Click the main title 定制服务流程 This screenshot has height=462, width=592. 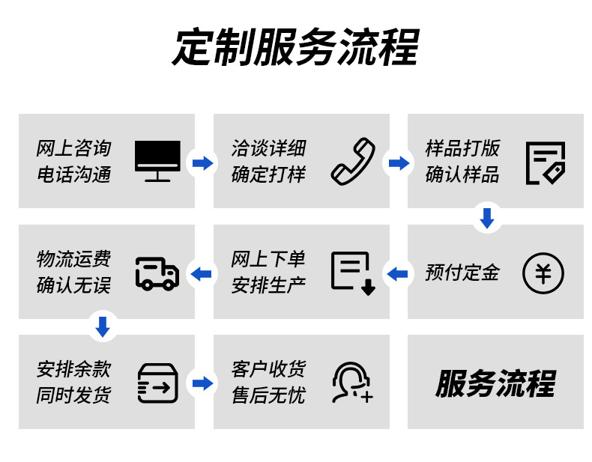click(x=295, y=49)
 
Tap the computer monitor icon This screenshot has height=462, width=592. click(x=157, y=161)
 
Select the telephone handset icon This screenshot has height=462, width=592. click(x=352, y=161)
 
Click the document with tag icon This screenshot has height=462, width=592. click(x=545, y=162)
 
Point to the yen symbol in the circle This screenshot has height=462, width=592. click(x=543, y=273)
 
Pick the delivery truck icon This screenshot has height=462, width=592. click(x=157, y=273)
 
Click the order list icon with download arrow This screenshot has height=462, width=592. click(x=352, y=273)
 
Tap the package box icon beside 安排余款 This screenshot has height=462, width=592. click(x=157, y=383)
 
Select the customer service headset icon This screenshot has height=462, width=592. click(x=351, y=383)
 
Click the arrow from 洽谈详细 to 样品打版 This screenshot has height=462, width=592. click(x=398, y=162)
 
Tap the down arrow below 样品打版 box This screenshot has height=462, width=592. click(x=487, y=218)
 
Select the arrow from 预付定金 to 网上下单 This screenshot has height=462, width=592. click(x=397, y=273)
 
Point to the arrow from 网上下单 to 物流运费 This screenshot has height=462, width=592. click(x=202, y=273)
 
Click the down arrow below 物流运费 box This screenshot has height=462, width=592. click(x=103, y=326)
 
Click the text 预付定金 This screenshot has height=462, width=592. click(x=462, y=273)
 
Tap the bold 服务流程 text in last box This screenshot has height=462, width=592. click(x=495, y=383)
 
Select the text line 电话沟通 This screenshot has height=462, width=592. click(x=73, y=175)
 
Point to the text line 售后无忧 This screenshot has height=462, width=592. click(x=268, y=395)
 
